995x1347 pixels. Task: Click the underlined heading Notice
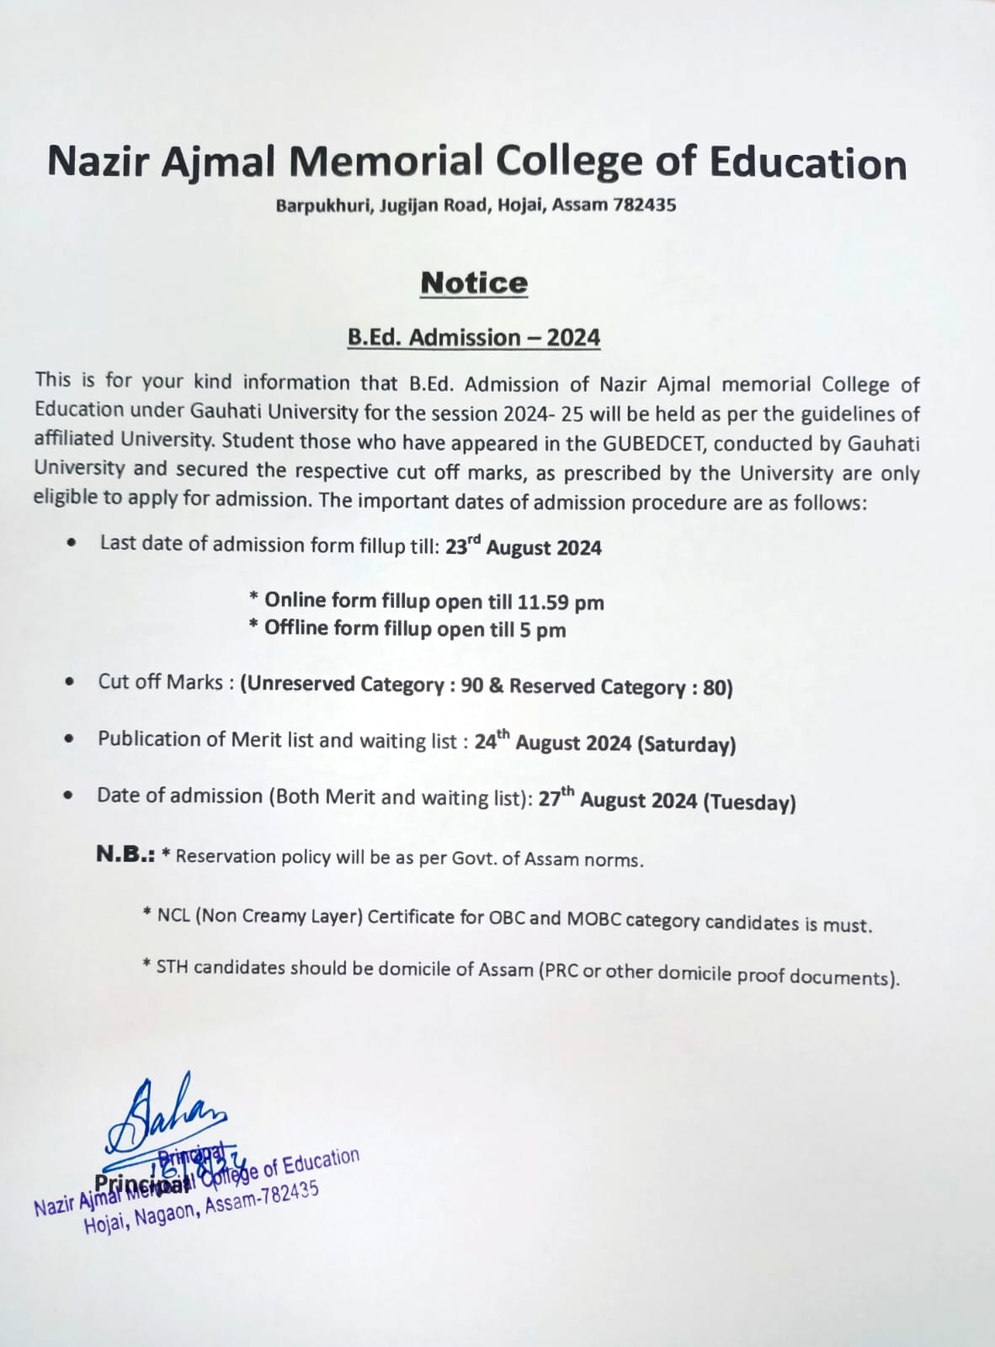(474, 284)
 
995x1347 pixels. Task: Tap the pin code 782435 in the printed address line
(644, 205)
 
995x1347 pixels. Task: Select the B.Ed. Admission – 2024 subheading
(474, 338)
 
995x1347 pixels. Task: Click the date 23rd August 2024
(523, 547)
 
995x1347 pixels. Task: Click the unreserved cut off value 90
(472, 685)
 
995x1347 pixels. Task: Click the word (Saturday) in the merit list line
(687, 744)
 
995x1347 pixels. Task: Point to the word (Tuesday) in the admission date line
(750, 801)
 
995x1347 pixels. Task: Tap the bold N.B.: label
(125, 855)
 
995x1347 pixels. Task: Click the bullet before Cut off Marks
(70, 682)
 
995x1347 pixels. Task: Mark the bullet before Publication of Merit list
(70, 739)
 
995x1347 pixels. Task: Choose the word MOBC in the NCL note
(593, 918)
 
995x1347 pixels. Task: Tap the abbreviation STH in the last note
(172, 966)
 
